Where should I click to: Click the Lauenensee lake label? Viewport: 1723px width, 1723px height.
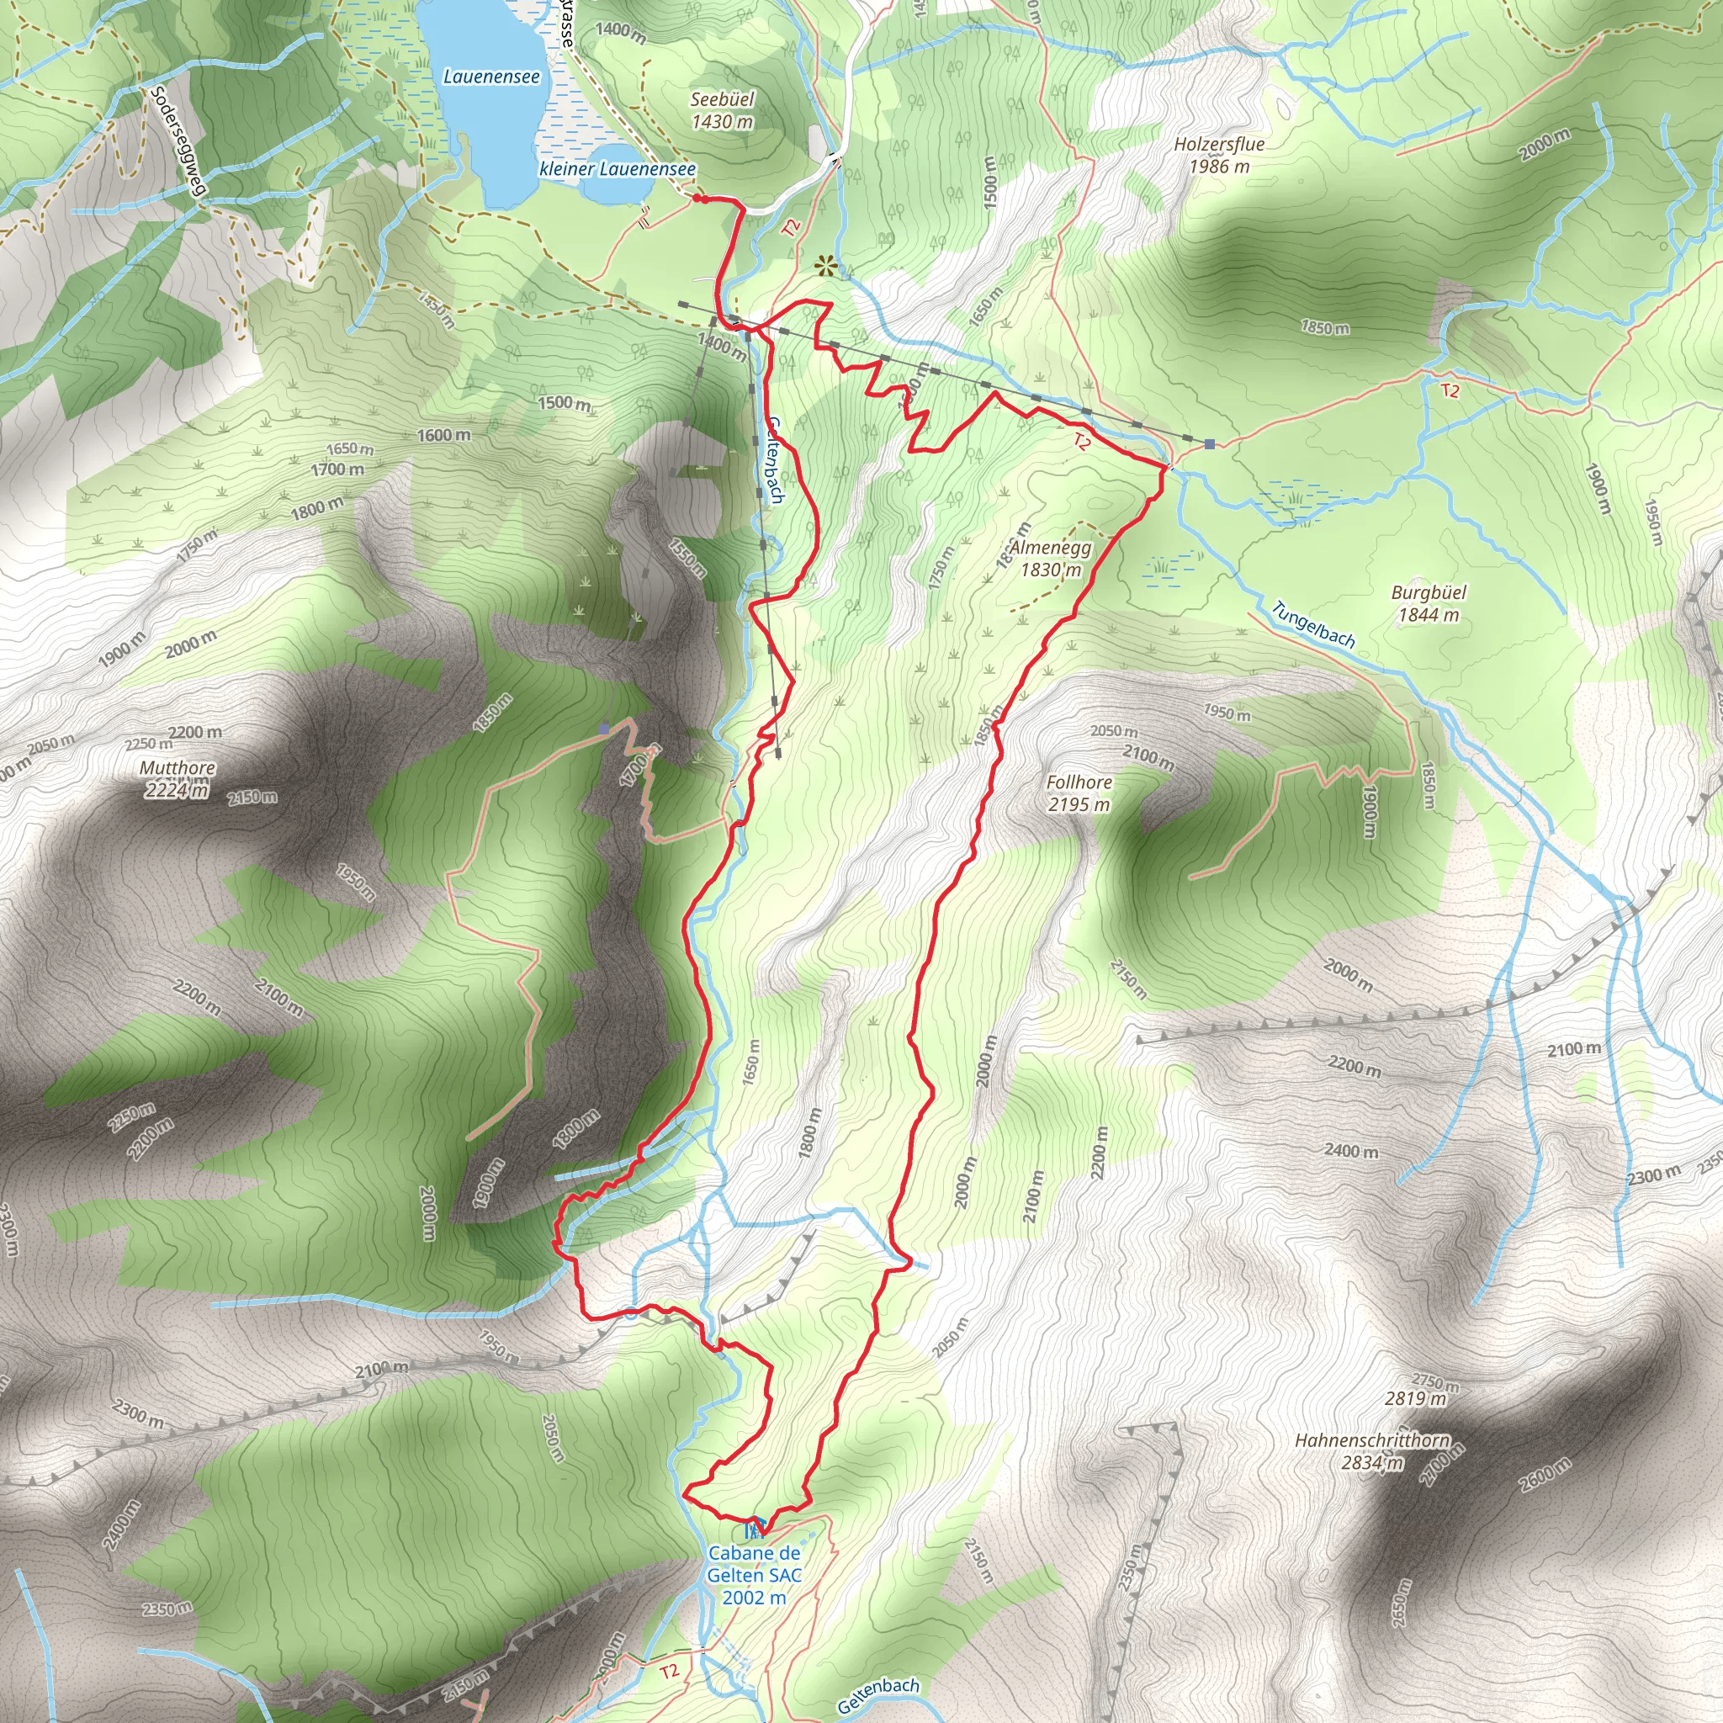[491, 77]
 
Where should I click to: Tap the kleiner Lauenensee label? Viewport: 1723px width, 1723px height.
[618, 168]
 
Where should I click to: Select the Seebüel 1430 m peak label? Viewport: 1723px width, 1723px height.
[723, 110]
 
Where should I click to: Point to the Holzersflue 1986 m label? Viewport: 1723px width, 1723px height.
[1219, 154]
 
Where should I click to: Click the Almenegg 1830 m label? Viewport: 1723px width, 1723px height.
[1051, 559]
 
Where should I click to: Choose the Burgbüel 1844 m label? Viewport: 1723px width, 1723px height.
[1428, 603]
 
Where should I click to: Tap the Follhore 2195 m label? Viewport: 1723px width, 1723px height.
[1079, 793]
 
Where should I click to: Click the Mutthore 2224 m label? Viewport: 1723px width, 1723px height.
[177, 778]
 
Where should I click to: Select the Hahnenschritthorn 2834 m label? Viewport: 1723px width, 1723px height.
[1371, 1451]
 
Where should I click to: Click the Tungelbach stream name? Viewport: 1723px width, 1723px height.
[1312, 624]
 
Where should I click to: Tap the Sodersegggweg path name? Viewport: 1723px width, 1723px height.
[178, 140]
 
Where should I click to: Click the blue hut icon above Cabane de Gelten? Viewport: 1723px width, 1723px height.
[755, 1528]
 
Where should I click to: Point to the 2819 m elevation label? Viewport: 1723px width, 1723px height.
[1415, 1397]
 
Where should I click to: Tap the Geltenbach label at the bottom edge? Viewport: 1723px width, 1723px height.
[878, 1695]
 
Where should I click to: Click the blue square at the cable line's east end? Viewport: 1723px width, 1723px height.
[1209, 443]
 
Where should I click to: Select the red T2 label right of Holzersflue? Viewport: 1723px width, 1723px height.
[1450, 390]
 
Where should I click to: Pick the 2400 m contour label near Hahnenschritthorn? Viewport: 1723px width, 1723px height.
[1351, 1150]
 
